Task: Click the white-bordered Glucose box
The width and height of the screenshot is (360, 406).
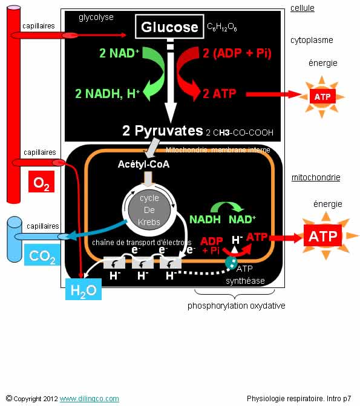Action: coord(169,27)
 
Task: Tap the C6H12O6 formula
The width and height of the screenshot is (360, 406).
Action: coord(222,27)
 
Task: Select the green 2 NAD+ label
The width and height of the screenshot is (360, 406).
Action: coord(119,53)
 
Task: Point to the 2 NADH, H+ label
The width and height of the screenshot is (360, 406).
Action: coord(108,94)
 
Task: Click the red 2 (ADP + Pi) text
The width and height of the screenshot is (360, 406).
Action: coord(237,53)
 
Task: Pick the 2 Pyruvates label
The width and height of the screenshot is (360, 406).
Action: coord(163,131)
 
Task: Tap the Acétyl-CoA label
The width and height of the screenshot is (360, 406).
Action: coord(143,164)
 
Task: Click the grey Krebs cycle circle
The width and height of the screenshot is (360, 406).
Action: coord(149,210)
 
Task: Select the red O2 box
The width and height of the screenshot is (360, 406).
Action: coord(41,182)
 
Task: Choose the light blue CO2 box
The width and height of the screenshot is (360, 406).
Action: coord(42,255)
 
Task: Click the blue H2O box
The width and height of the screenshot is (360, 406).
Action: coord(83,289)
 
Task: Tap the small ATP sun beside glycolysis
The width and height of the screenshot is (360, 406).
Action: coord(322,97)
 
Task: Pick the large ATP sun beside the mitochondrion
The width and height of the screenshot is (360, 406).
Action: coord(326,236)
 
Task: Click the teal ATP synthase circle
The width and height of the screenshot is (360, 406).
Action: coord(231,262)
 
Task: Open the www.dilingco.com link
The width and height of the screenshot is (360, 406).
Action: coord(90,399)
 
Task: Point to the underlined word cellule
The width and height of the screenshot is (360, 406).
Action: coord(303,8)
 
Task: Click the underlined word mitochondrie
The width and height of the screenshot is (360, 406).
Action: coord(316,177)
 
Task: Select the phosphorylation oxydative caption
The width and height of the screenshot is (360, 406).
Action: coord(236,306)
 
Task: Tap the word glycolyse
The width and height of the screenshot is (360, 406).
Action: coord(96,18)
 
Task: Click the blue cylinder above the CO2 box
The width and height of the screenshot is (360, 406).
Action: coord(15,239)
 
